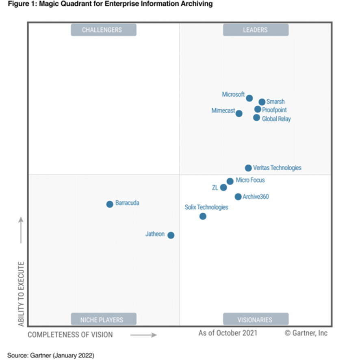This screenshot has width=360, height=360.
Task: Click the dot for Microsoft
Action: [x=249, y=98]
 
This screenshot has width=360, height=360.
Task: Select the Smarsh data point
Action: [x=262, y=102]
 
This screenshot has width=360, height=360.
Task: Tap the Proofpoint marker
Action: [x=258, y=109]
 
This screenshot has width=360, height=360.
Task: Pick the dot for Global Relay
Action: [x=256, y=117]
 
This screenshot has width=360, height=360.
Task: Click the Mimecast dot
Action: [x=239, y=113]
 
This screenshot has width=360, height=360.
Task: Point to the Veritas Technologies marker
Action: [x=248, y=168]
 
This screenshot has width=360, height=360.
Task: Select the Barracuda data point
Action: [x=110, y=204]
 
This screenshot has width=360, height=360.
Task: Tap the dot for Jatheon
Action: [x=171, y=235]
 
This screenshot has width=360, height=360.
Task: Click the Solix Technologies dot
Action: [x=203, y=216]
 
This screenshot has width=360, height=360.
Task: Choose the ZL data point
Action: [x=223, y=188]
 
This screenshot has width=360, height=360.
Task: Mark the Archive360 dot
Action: [x=238, y=197]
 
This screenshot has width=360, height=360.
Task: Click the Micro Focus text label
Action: [x=250, y=180]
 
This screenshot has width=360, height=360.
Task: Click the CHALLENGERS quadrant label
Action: [x=104, y=30]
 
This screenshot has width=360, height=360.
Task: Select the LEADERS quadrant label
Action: [x=256, y=30]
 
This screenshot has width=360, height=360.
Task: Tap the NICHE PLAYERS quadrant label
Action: [x=104, y=319]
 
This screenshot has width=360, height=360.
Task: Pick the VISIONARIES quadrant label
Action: [x=256, y=319]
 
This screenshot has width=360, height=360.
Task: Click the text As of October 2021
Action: [x=228, y=333]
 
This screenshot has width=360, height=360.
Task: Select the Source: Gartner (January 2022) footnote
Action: [x=50, y=355]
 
